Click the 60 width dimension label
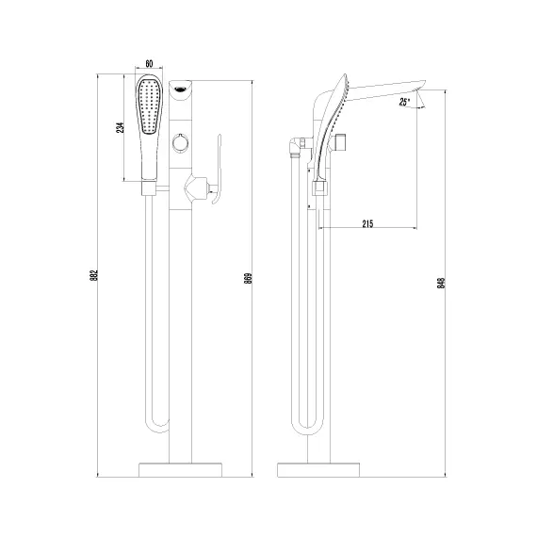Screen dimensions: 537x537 coord(149,64)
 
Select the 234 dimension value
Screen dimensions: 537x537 coord(121,127)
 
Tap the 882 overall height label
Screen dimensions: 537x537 coord(94,276)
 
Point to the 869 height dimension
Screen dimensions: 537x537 coord(249,278)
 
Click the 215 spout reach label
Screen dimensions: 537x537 coord(367,223)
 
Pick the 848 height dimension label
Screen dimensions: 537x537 coord(441,283)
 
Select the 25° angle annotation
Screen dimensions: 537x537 coord(404,102)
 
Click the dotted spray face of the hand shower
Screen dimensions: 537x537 coord(149,106)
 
